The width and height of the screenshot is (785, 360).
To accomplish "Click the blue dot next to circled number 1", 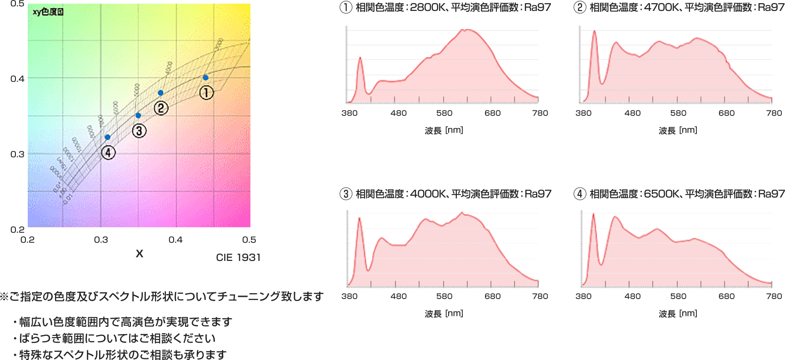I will [205, 78].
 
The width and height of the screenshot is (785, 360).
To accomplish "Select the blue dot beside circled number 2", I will [160, 93].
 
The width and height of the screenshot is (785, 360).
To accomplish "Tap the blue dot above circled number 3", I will [138, 115].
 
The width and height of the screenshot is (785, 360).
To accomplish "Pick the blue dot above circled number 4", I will [108, 137].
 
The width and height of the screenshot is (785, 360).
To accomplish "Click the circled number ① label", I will [206, 93].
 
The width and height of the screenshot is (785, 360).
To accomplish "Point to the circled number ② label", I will [161, 108].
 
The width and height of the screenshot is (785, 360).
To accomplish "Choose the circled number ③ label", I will [139, 131].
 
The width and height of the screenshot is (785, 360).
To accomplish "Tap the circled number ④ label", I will [108, 153].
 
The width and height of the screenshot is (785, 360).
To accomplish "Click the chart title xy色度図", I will [48, 12].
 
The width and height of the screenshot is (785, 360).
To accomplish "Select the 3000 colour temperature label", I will [219, 45].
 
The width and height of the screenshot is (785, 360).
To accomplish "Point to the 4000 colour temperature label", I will [169, 68].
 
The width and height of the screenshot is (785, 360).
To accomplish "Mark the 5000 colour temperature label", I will [137, 89].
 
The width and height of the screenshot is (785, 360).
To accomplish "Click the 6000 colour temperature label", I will [115, 108].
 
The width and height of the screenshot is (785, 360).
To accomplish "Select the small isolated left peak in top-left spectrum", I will [360, 55].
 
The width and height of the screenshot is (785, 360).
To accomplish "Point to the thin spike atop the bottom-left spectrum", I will [462, 209].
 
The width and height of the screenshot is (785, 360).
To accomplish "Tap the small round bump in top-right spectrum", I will [616, 40].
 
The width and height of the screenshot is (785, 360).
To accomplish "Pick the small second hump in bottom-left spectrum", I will [382, 237].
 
